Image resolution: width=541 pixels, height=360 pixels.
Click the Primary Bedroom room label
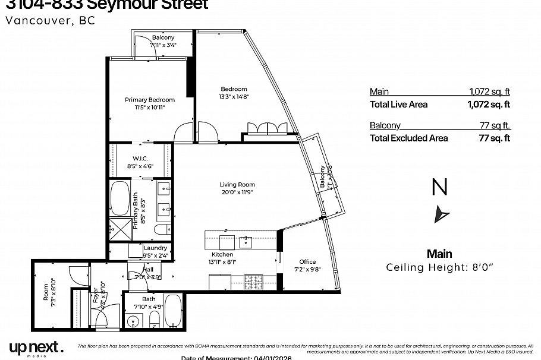click(149, 100)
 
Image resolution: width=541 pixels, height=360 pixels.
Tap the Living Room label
click(237, 185)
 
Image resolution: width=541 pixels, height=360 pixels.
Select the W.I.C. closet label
click(140, 158)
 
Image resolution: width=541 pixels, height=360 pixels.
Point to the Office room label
click(307, 262)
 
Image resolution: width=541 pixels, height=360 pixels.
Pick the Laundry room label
click(155, 248)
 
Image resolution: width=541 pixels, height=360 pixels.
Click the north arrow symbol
click(442, 213)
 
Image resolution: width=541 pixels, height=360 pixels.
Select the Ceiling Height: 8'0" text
click(439, 267)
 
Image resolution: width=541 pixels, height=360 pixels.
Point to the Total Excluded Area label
click(409, 138)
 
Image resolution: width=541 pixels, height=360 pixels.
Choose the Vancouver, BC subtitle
click(49, 20)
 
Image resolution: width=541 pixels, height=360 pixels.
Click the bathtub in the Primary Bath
click(120, 201)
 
